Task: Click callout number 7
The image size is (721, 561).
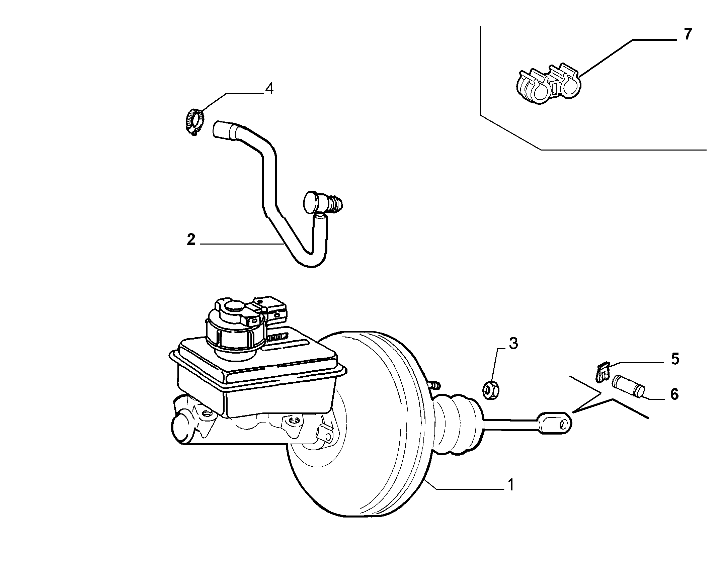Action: pos(688,34)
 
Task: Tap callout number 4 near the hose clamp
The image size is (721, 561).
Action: pos(269,89)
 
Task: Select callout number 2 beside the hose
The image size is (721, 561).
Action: pos(191,240)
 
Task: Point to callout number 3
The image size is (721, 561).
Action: pos(513,344)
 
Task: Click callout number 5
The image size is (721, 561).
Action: pos(675,359)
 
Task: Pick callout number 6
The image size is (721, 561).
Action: pos(674,394)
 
